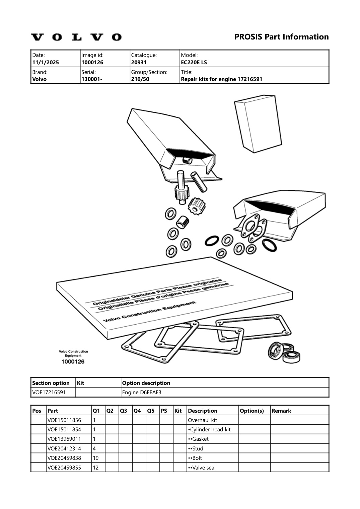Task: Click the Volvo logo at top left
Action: [76, 37]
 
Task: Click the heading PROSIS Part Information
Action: [281, 37]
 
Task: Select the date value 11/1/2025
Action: [46, 63]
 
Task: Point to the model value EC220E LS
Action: [194, 63]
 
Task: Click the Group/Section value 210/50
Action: [140, 79]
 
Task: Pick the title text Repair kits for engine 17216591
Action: [221, 79]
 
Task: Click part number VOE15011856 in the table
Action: [64, 420]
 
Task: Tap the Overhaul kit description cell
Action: [203, 420]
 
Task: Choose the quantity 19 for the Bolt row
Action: [96, 458]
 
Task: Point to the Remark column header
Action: [281, 411]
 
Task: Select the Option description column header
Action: [146, 383]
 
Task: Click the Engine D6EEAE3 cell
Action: [142, 392]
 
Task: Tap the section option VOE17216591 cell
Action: [49, 392]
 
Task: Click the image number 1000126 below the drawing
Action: [73, 361]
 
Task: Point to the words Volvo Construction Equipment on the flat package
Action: [149, 312]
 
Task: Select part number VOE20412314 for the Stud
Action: [64, 448]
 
